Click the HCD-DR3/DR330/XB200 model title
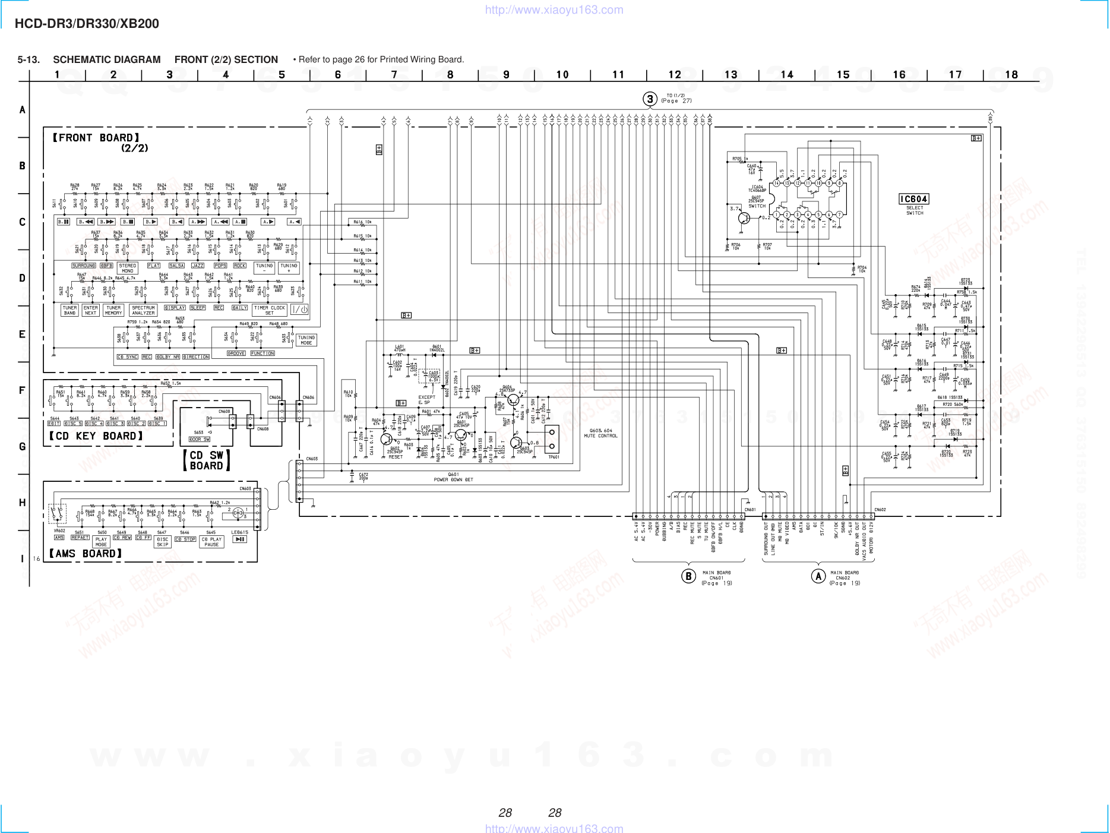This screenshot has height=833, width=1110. pyautogui.click(x=87, y=24)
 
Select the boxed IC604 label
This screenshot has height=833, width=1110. pyautogui.click(x=913, y=199)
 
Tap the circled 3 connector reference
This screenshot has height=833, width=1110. pyautogui.click(x=650, y=99)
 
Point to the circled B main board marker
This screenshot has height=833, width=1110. pyautogui.click(x=688, y=576)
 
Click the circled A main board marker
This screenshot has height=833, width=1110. pyautogui.click(x=818, y=576)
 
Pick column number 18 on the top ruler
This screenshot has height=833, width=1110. pyautogui.click(x=1011, y=75)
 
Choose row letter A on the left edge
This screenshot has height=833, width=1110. pyautogui.click(x=23, y=110)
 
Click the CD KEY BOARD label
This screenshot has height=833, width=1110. pyautogui.click(x=96, y=436)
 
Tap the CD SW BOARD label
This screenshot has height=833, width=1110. pyautogui.click(x=206, y=460)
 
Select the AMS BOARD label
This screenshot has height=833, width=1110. pyautogui.click(x=86, y=554)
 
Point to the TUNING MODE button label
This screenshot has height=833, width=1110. pyautogui.click(x=306, y=340)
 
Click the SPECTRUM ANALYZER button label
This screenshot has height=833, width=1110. pyautogui.click(x=143, y=310)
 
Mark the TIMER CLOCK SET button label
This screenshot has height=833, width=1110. pyautogui.click(x=270, y=310)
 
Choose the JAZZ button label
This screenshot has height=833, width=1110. pyautogui.click(x=198, y=266)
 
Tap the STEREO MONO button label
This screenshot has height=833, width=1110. pyautogui.click(x=128, y=268)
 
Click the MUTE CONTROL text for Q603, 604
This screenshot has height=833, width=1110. pyautogui.click(x=600, y=436)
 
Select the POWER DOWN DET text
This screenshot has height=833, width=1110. pyautogui.click(x=453, y=479)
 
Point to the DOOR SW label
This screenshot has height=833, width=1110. pyautogui.click(x=199, y=439)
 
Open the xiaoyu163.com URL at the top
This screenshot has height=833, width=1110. pyautogui.click(x=554, y=10)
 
